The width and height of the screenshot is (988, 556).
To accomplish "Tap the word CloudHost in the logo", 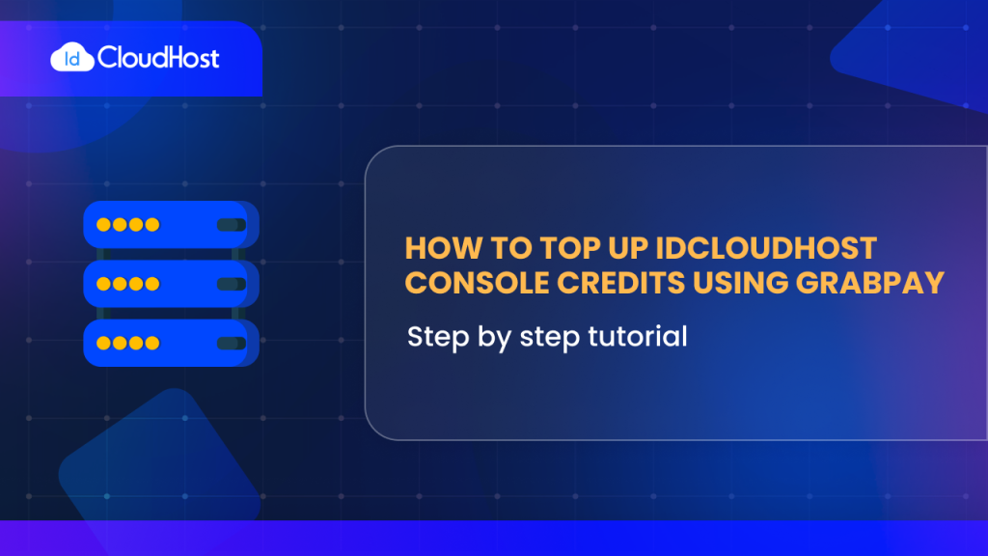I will click(158, 58).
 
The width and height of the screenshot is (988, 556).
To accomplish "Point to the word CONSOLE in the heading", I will click(467, 283).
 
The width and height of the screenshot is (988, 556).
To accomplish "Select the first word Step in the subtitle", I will click(435, 337).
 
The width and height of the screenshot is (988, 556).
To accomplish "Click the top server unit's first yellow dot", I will click(104, 225).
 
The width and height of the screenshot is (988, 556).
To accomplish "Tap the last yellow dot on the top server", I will click(151, 225).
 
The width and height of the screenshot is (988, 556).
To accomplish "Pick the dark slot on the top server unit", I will click(230, 225).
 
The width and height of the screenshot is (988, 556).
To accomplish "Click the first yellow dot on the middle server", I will click(104, 284).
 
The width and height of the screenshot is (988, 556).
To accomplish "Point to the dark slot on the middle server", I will click(230, 284).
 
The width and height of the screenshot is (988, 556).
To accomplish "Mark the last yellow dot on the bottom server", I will click(151, 343).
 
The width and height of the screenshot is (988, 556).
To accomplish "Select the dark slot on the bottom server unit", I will click(230, 343).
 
